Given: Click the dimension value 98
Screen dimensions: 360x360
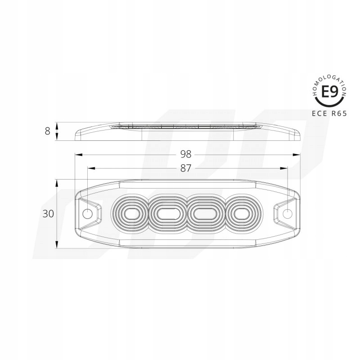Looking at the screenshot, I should click(186, 154).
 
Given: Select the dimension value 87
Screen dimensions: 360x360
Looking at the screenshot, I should click(186, 168).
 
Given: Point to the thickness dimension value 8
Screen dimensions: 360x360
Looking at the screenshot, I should click(47, 131).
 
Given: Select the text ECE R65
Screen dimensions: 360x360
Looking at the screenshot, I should click(328, 114).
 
